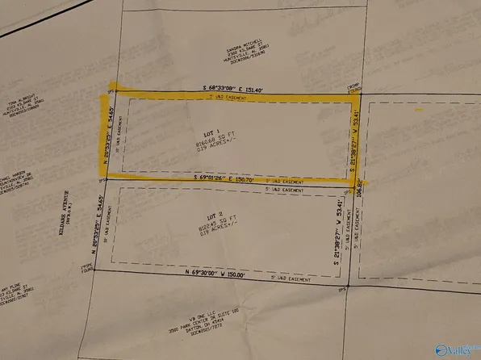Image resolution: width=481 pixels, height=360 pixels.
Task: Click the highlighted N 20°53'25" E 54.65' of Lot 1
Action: click(104, 132)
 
